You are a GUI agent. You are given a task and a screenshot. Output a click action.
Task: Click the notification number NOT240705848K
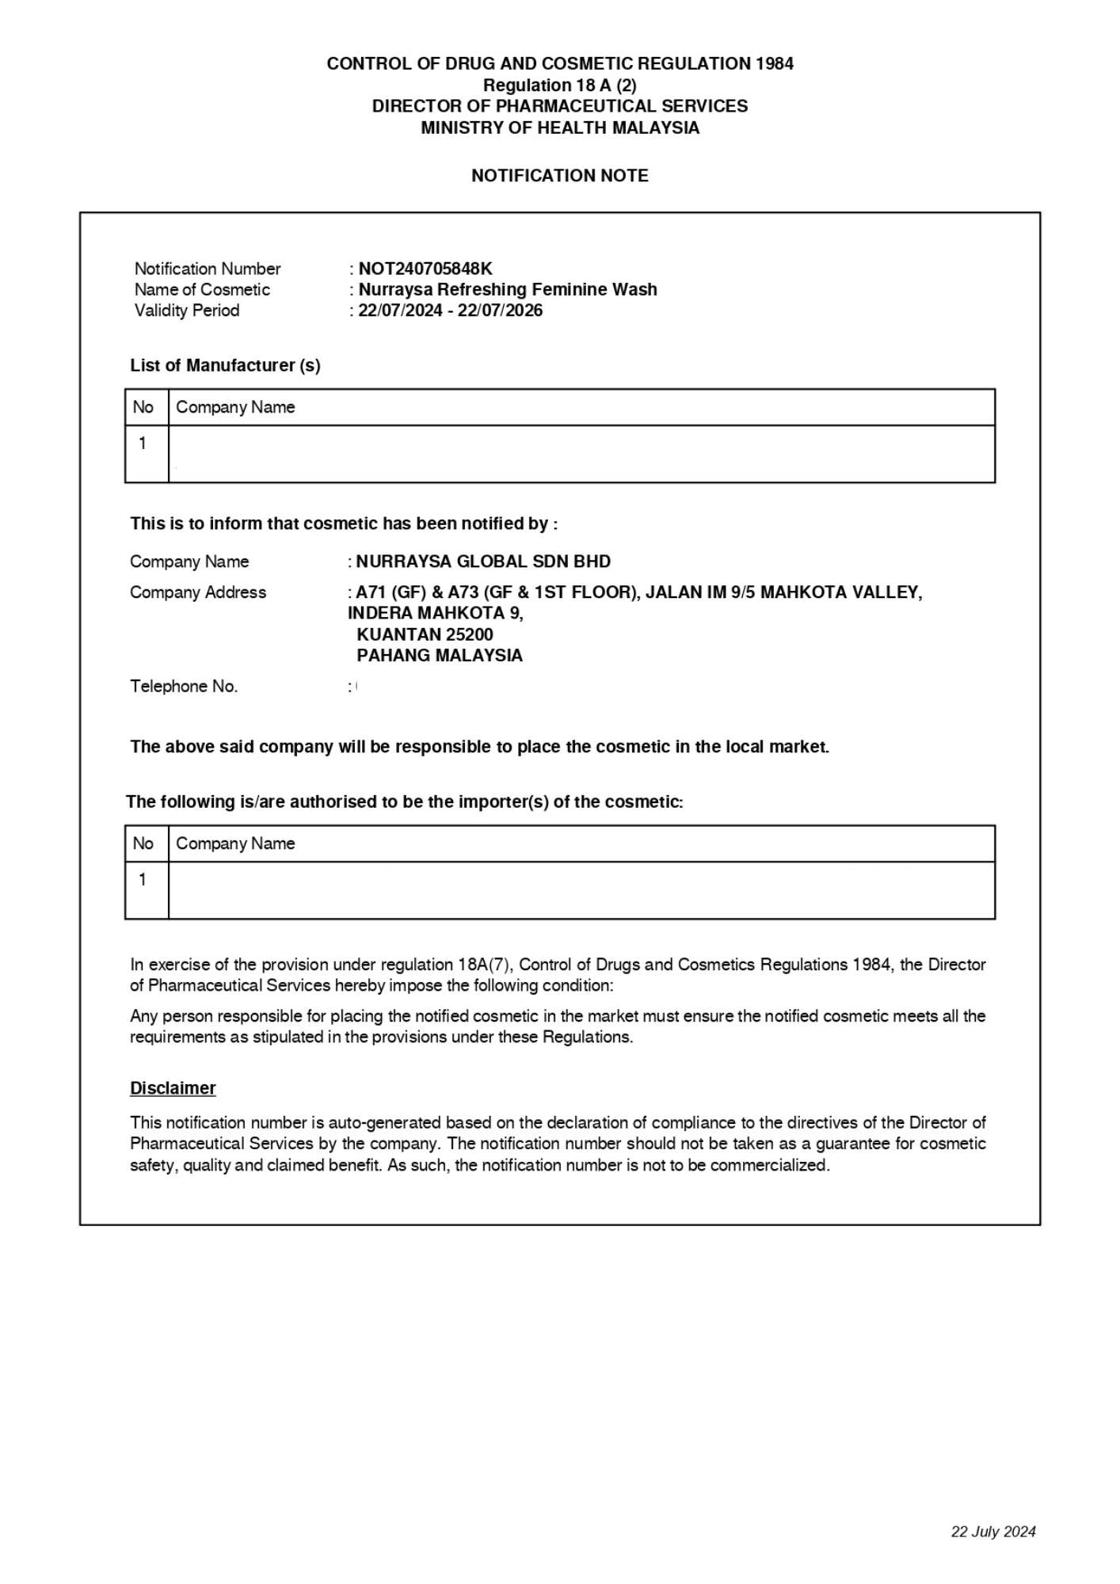pyautogui.click(x=425, y=268)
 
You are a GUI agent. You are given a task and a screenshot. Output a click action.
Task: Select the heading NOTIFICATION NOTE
pyautogui.click(x=559, y=176)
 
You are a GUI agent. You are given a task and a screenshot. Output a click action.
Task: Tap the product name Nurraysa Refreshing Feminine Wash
pyautogui.click(x=508, y=290)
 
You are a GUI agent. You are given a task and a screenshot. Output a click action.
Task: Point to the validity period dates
pyautogui.click(x=450, y=310)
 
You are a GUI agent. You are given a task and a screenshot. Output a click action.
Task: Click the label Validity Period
pyautogui.click(x=187, y=310)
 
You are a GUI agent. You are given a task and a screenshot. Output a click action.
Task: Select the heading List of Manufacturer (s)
pyautogui.click(x=225, y=365)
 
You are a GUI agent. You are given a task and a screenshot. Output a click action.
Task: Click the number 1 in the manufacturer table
pyautogui.click(x=143, y=444)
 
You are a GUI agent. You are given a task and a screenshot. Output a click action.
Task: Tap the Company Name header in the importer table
pyautogui.click(x=235, y=843)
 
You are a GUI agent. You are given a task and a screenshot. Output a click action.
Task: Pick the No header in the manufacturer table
pyautogui.click(x=143, y=407)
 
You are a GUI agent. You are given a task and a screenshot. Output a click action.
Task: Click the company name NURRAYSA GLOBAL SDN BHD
pyautogui.click(x=483, y=562)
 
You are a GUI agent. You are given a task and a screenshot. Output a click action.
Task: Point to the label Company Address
pyautogui.click(x=198, y=592)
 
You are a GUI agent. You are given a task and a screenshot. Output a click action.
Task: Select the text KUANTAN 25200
pyautogui.click(x=425, y=634)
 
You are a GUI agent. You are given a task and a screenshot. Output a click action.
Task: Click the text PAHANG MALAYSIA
pyautogui.click(x=440, y=656)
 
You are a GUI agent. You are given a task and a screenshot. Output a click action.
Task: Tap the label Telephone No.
pyautogui.click(x=184, y=687)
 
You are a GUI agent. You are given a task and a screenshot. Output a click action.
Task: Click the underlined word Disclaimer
pyautogui.click(x=173, y=1088)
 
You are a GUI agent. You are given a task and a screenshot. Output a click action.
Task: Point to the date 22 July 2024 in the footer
pyautogui.click(x=993, y=1532)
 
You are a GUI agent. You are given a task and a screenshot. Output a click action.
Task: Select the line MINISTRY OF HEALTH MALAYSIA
pyautogui.click(x=559, y=128)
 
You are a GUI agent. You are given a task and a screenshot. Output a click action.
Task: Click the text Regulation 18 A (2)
pyautogui.click(x=559, y=85)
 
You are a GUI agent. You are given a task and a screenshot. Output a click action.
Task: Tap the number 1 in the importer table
pyautogui.click(x=143, y=880)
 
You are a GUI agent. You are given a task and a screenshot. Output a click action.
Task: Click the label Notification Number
pyautogui.click(x=208, y=268)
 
